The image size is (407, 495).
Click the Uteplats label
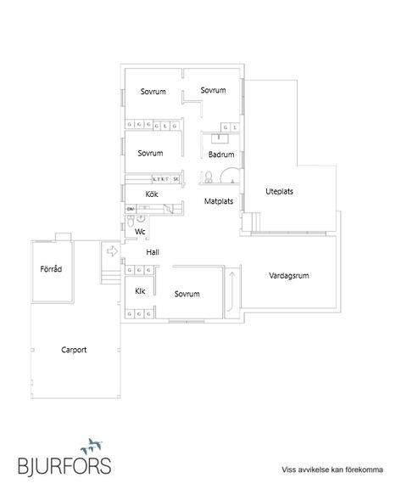click(279, 191)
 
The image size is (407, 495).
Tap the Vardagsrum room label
click(288, 276)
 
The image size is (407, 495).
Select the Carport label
click(75, 349)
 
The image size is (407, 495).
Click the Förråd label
click(51, 269)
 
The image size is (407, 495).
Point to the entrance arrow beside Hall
click(112, 250)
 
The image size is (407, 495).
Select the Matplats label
click(219, 202)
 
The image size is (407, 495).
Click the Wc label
click(141, 231)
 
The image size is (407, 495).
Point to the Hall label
click(153, 252)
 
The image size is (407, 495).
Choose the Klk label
click(140, 290)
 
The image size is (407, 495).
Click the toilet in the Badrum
click(206, 177)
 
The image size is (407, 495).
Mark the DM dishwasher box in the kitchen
click(131, 208)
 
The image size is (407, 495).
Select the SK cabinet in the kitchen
click(176, 179)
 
